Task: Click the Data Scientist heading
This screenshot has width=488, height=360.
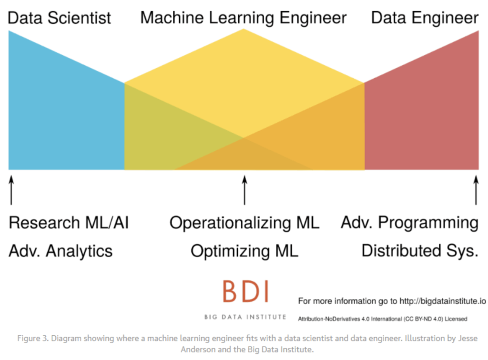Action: [59, 18]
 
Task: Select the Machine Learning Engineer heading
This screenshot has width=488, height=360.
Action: [244, 18]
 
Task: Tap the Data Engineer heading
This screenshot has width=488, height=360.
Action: [425, 18]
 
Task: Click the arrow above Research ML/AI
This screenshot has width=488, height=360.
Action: [11, 190]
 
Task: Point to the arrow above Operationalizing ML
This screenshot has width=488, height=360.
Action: [244, 190]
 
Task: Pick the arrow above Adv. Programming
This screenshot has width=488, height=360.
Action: [476, 190]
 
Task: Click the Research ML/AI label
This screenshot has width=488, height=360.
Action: [69, 223]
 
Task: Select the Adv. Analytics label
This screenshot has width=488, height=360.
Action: [61, 251]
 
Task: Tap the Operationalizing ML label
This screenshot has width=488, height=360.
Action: [244, 223]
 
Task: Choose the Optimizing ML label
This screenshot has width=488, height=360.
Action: [244, 251]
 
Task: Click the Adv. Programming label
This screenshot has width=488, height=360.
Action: [409, 223]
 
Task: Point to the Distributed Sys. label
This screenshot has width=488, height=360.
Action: [420, 251]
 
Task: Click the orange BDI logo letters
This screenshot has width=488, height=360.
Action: [245, 291]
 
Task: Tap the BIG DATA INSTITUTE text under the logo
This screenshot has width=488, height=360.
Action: [245, 317]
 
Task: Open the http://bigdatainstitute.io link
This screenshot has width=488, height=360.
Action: [443, 301]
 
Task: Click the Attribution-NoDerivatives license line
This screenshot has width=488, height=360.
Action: [383, 319]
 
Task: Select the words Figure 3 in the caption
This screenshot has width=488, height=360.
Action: [33, 339]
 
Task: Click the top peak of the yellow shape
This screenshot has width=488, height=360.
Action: [244, 29]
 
